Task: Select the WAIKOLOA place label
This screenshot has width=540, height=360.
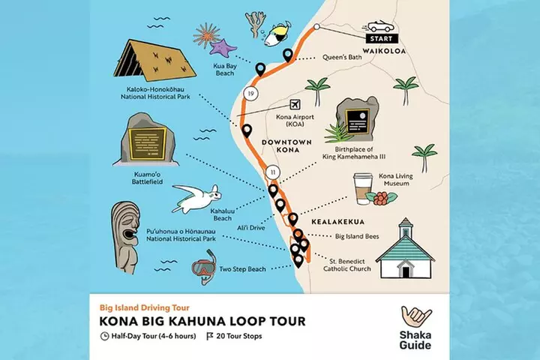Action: coord(384,52)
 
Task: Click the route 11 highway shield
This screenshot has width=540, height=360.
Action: coord(273,172)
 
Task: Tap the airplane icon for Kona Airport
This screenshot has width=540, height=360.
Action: coord(293,103)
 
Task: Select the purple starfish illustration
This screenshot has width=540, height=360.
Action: coord(223,49)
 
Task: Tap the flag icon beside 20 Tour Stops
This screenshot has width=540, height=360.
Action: coord(210,336)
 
